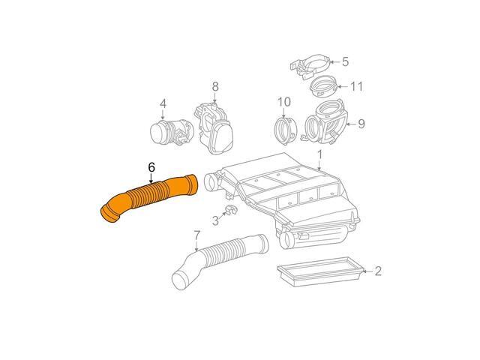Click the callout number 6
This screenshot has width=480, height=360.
point(151,168)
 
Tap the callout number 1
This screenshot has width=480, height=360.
point(319,155)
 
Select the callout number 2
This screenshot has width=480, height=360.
point(378,270)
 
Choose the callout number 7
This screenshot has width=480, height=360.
point(196,234)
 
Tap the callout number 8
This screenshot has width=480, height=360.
point(214,86)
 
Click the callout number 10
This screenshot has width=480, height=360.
point(283,101)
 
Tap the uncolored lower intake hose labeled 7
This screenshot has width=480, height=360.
point(217,259)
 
